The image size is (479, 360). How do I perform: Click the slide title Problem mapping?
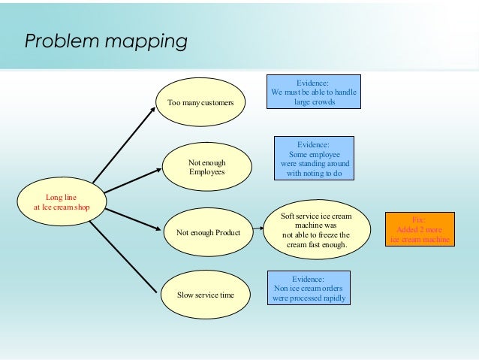pos(106,41)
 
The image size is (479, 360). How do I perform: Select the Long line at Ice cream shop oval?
pos(62,202)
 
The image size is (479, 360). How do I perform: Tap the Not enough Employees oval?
pos(206,167)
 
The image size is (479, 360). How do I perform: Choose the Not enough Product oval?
pos(208,233)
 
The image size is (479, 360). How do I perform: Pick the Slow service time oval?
pos(205,295)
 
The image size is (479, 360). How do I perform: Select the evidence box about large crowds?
pos(315,92)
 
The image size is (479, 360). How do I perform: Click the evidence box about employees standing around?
pos(315,159)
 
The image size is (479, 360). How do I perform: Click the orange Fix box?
pos(420,229)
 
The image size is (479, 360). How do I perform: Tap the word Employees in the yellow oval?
pos(207,172)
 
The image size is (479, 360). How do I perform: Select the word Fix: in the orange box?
pos(420,219)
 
